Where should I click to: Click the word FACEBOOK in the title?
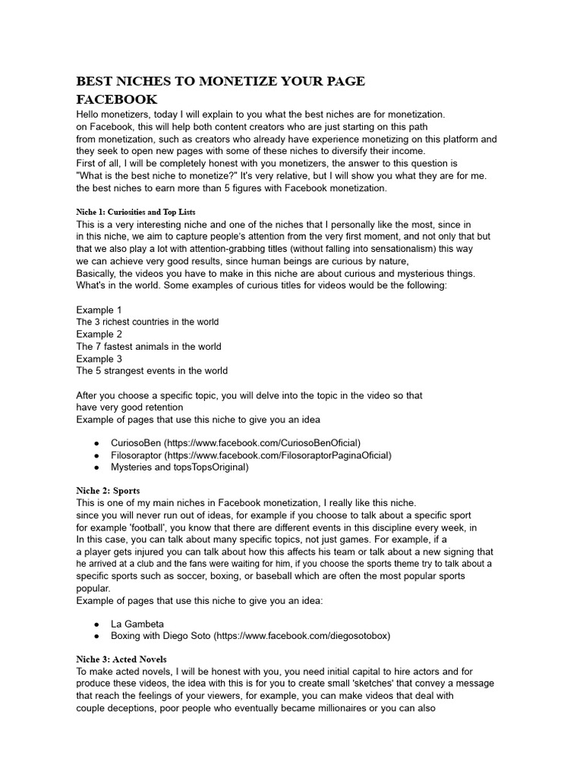tap(117, 99)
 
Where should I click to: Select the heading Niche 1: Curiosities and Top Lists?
tap(141, 211)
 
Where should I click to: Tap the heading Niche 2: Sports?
tap(108, 490)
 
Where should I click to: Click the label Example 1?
tap(99, 310)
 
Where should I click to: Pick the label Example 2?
tap(99, 334)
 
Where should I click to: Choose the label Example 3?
tap(99, 359)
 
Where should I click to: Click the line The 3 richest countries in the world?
tap(147, 322)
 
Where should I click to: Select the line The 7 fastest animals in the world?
tap(149, 346)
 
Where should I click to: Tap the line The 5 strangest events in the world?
tap(152, 371)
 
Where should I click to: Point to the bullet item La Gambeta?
tap(137, 624)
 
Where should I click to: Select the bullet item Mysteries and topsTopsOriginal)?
tap(179, 467)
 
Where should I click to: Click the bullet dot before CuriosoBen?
tap(96, 443)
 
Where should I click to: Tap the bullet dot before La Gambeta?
tap(96, 624)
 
